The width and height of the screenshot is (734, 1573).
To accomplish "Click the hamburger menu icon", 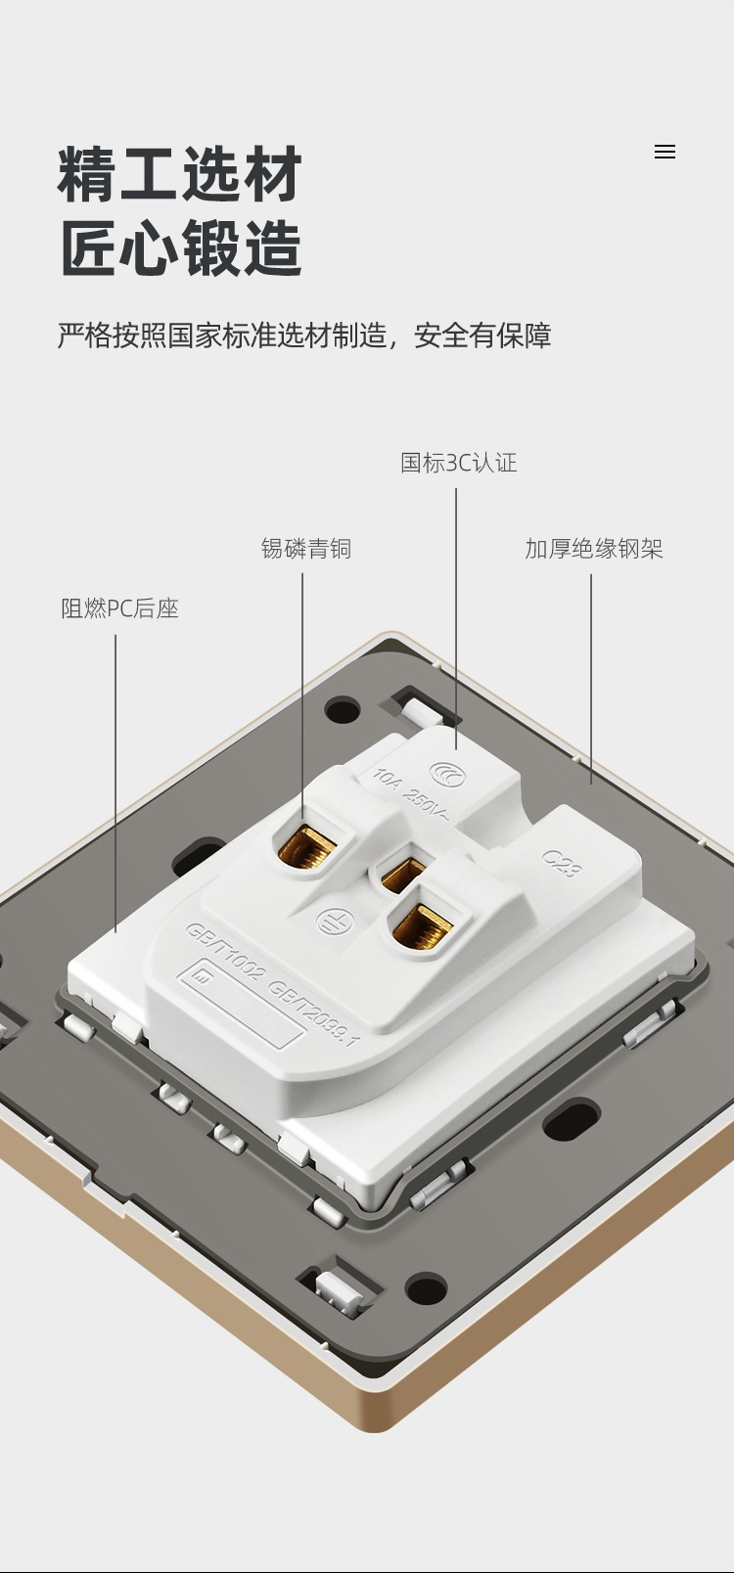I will point(665,152).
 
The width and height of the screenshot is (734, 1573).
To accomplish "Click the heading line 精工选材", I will point(180,175).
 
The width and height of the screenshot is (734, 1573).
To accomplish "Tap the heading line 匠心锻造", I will point(180,248).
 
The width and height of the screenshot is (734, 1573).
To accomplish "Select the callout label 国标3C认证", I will point(458,463).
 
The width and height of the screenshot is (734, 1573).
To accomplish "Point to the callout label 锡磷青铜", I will point(305,549).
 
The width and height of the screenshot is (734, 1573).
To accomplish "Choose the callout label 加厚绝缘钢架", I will point(593,549).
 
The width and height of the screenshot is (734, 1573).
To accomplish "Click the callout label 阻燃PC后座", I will point(119,608).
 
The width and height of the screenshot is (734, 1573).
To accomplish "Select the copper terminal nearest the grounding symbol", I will point(423,926).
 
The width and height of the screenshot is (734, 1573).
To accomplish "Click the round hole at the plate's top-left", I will point(343,709).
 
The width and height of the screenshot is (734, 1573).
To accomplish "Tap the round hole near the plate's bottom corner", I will point(426,1288).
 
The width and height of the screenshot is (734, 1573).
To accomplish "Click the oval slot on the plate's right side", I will point(571,1121).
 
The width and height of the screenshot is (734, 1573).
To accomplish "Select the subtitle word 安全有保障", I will point(482,336).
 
